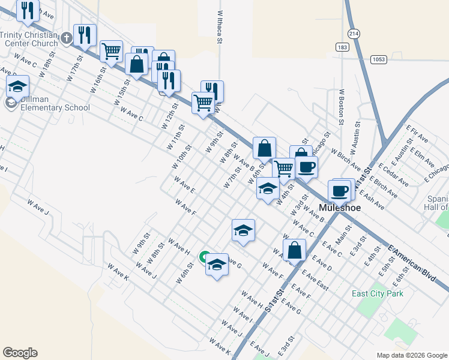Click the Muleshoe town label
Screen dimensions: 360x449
click(x=340, y=208)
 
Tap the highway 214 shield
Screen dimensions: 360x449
click(x=354, y=35)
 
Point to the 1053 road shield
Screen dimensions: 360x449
click(x=378, y=59)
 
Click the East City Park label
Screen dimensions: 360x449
click(x=378, y=293)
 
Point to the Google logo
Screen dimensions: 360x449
click(x=20, y=353)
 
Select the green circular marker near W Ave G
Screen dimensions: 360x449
click(x=205, y=257)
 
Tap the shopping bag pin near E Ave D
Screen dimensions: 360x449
click(x=294, y=250)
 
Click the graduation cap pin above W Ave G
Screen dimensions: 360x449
click(x=243, y=230)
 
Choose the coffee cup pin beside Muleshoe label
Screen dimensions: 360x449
click(x=339, y=191)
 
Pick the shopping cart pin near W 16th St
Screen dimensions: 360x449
click(x=112, y=52)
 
